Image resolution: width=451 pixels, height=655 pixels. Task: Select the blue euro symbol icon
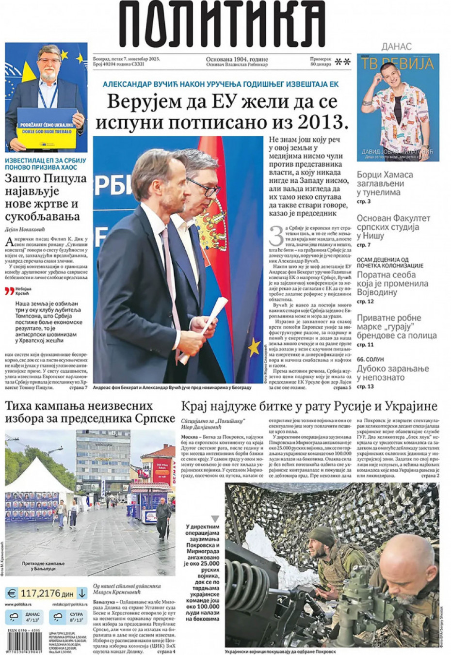tap(11, 593)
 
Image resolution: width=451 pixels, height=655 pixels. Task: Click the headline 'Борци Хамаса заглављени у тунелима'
tap(385, 183)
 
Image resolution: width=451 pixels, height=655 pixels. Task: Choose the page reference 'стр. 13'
tap(365, 386)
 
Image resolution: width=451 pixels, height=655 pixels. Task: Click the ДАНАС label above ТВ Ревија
tap(396, 47)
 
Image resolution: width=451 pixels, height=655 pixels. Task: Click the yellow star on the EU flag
tap(253, 346)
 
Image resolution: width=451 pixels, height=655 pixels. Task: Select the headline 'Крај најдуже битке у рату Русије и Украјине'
tap(309, 406)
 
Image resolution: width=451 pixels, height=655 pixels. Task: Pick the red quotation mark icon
tap(9, 291)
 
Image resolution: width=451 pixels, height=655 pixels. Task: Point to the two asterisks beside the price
tap(343, 62)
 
